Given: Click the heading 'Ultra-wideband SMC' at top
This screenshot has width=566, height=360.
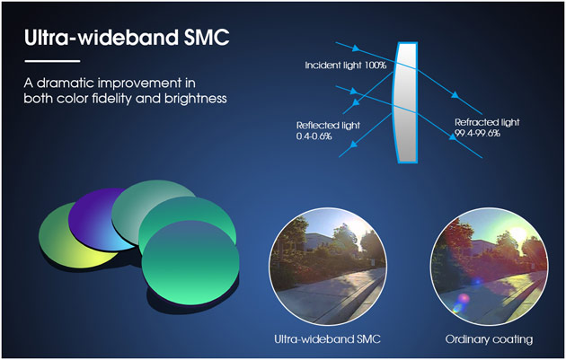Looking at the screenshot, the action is (x=127, y=38).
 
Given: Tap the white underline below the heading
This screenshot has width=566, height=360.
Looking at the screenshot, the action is (x=52, y=61).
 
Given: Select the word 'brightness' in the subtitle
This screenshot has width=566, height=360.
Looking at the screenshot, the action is (x=195, y=99).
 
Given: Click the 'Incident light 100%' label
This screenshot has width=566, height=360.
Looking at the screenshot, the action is (x=346, y=66).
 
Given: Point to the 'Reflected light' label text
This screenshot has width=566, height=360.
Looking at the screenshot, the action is (x=328, y=126).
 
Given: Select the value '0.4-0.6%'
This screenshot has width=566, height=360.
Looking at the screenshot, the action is (x=314, y=136).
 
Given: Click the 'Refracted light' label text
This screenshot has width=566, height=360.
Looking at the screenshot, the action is (x=487, y=122).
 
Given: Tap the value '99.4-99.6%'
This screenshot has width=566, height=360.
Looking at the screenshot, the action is (x=477, y=133).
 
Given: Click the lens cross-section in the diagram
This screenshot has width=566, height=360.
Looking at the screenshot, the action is (x=406, y=102).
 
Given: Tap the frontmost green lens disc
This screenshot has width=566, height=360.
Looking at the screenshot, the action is (x=190, y=263).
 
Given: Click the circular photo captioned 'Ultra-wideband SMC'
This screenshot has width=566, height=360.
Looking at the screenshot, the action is (x=328, y=267).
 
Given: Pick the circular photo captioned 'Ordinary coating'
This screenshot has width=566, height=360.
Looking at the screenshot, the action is (x=489, y=267).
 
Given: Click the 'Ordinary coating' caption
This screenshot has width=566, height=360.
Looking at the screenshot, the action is (x=489, y=339).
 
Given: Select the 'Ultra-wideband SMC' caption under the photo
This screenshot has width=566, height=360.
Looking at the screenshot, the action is (x=327, y=339).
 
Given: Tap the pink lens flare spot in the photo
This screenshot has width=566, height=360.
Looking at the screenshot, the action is (x=464, y=298).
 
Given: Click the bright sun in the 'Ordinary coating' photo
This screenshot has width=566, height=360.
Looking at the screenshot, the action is (x=519, y=234).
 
